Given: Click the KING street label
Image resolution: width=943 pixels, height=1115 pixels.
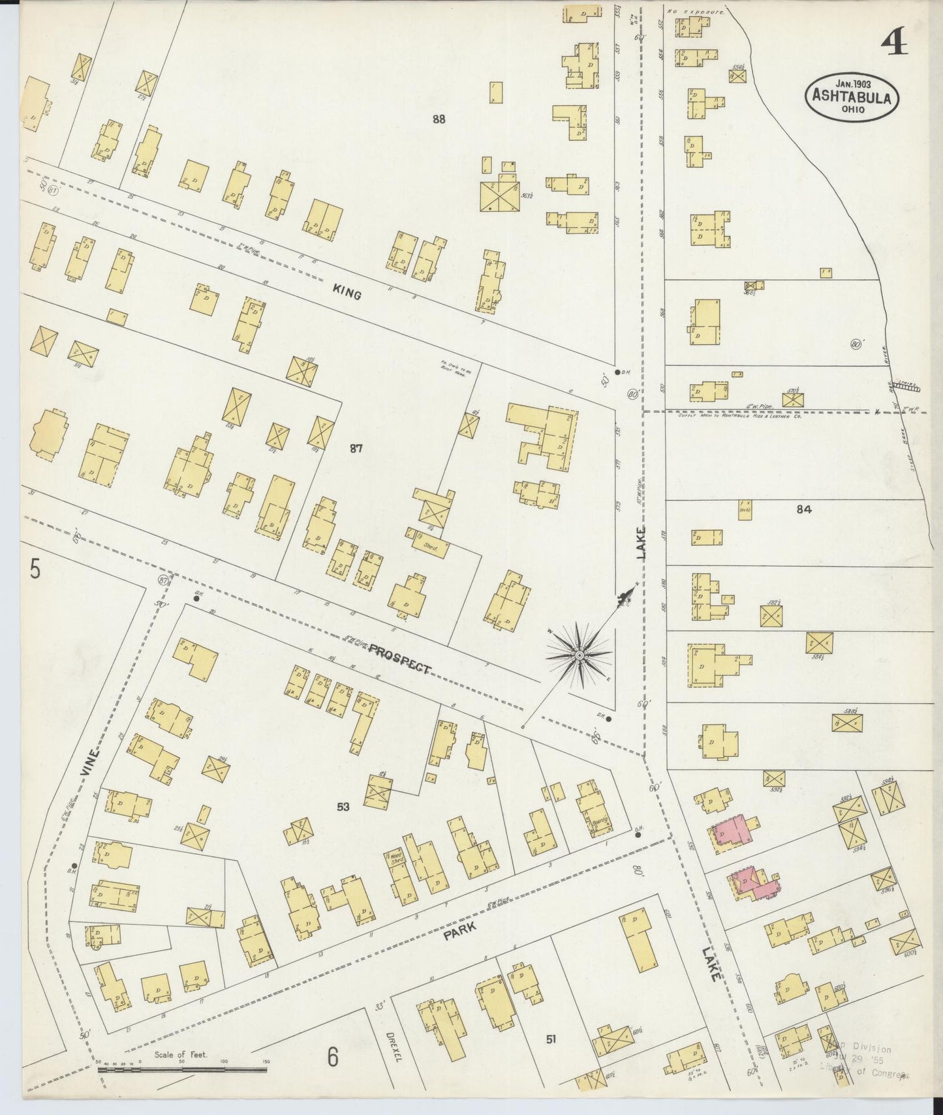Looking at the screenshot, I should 347,294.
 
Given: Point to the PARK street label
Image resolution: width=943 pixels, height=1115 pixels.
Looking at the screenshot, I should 459,930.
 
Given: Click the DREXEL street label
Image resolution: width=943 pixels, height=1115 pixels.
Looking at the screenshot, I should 393,1045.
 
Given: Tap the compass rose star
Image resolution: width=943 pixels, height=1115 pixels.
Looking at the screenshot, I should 579,654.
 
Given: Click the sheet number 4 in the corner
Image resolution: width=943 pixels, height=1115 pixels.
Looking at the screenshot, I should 893,43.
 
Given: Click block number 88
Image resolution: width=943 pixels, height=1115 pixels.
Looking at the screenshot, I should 439,119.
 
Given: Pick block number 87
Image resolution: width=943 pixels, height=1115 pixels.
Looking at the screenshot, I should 356,448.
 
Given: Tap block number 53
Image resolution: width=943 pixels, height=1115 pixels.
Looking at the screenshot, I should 343,807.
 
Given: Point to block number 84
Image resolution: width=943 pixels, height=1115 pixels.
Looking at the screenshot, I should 804,510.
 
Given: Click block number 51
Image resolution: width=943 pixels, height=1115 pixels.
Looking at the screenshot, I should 551,1039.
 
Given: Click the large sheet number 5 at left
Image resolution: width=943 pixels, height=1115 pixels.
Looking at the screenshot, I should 35,569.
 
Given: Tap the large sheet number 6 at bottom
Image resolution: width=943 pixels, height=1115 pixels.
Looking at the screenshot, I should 333,1056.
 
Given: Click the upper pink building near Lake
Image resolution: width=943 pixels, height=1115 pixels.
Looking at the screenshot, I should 734,831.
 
